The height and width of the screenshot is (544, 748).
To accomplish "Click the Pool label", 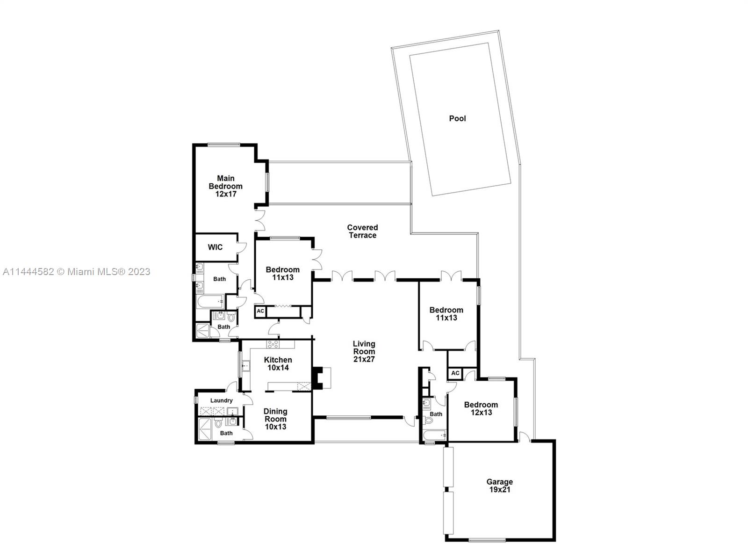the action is (457, 118).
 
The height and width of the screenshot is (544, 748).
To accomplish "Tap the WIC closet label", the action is (215, 247).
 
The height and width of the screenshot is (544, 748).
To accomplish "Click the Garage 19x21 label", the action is (500, 486).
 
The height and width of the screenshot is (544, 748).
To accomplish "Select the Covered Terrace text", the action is (362, 231).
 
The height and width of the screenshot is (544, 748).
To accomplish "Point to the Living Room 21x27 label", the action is (364, 351).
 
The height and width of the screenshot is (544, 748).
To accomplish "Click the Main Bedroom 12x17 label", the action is (226, 186).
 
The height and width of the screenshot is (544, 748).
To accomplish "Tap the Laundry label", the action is (222, 400).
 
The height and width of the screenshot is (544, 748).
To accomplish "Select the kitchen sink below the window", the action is (246, 366).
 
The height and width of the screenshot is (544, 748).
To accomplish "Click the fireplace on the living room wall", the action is (321, 378).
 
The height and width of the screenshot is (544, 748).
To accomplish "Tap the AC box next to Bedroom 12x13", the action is (455, 373).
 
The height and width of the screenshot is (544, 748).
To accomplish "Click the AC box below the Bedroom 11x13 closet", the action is (260, 311).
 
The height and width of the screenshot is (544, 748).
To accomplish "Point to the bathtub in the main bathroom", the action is (210, 302).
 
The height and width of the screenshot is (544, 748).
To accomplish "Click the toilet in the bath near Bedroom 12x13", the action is (429, 420).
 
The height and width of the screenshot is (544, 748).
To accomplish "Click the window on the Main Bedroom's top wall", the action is (224, 145).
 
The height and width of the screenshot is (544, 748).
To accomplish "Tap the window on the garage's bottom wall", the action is (487, 540).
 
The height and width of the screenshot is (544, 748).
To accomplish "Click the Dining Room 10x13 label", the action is (275, 419).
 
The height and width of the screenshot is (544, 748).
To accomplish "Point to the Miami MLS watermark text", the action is (77, 272).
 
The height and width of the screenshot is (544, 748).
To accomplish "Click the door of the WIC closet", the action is (242, 247).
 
